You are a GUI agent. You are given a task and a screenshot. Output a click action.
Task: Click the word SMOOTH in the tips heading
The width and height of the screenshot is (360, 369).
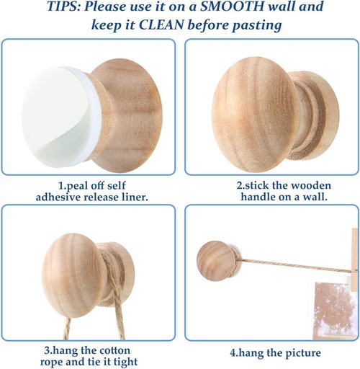(x=232, y=6)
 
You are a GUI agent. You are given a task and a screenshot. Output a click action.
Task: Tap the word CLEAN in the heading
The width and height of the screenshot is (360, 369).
(x=161, y=25)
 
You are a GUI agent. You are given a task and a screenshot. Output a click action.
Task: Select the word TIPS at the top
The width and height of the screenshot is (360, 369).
(x=63, y=6)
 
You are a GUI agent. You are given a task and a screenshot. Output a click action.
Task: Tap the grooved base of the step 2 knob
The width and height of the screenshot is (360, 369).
(x=315, y=115)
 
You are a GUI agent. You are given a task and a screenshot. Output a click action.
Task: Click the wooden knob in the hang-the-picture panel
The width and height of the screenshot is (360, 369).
(x=217, y=261)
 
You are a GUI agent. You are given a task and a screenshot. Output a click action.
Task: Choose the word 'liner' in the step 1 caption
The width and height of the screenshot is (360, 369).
(x=135, y=197)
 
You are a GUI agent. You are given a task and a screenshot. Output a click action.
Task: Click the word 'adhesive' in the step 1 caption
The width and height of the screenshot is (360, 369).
(x=59, y=197)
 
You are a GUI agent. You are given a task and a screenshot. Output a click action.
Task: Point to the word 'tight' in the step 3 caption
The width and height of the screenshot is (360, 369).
(x=125, y=362)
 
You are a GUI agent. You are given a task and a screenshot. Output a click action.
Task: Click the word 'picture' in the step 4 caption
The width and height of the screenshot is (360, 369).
(x=303, y=353)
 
